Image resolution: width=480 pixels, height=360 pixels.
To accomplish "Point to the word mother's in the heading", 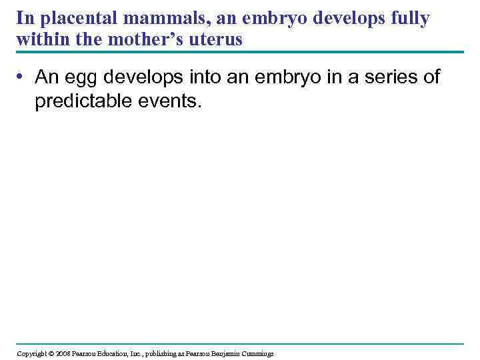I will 165,39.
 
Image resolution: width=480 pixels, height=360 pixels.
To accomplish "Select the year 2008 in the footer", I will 62,353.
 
